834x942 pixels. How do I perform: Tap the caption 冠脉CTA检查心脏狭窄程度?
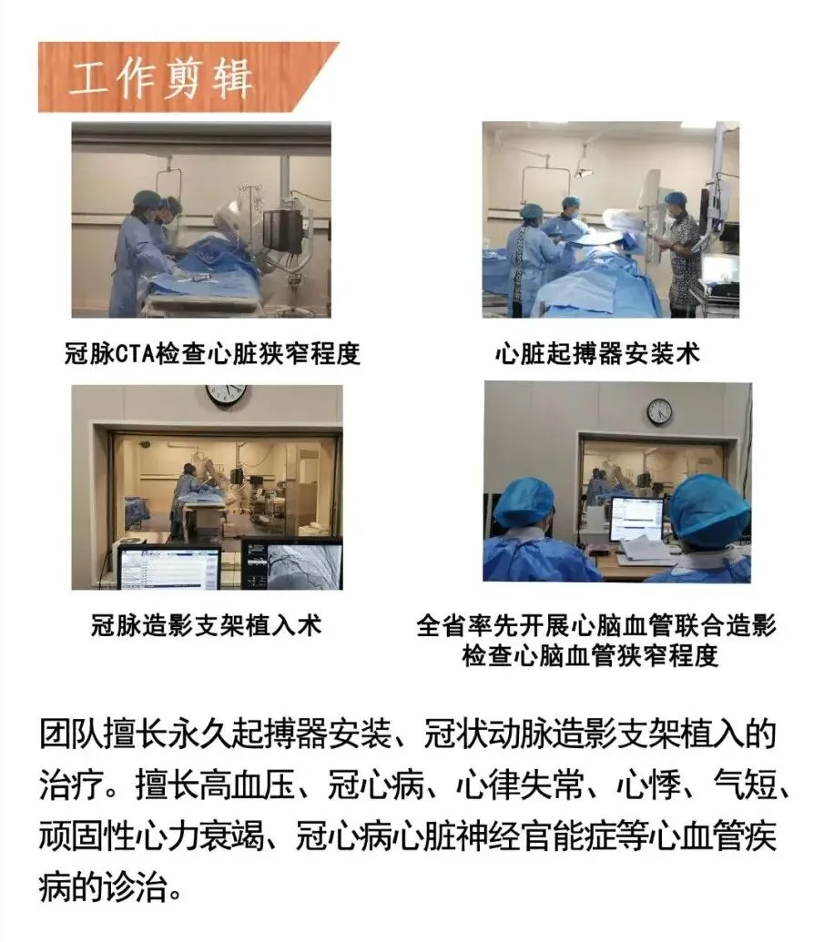[212, 353]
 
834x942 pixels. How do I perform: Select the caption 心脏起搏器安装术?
[598, 353]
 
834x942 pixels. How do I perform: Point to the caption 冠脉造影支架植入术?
[207, 625]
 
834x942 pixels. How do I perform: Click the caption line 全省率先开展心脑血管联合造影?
[596, 625]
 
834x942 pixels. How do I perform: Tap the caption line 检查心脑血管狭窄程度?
[590, 654]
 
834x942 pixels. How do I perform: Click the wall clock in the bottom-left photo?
[227, 393]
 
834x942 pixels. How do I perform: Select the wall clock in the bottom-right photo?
[659, 411]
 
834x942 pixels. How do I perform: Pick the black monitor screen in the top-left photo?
[282, 230]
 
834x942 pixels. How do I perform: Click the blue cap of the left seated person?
[523, 501]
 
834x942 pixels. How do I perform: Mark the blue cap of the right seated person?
[709, 511]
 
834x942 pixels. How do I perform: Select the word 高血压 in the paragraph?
[248, 785]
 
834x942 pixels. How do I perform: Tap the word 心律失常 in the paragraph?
[521, 785]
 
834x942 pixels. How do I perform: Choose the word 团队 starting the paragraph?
[71, 734]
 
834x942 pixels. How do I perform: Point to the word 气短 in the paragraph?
[745, 785]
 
